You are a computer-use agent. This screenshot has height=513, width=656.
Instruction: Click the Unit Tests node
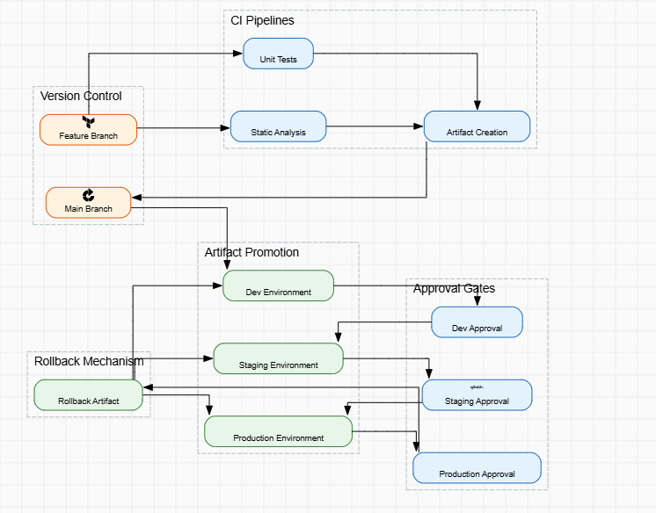pyautogui.click(x=278, y=54)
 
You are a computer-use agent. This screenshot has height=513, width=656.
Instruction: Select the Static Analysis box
pyautogui.click(x=278, y=126)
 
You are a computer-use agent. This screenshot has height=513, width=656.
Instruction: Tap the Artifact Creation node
pyautogui.click(x=477, y=126)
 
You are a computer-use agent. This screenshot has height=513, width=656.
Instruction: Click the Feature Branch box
pyautogui.click(x=88, y=130)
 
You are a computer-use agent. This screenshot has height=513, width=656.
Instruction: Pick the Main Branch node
pyautogui.click(x=88, y=203)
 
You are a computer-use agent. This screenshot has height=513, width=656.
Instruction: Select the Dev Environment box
pyautogui.click(x=278, y=285)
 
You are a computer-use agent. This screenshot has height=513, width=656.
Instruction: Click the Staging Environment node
pyautogui.click(x=278, y=358)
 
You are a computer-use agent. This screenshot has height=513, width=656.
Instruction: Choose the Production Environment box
pyautogui.click(x=278, y=431)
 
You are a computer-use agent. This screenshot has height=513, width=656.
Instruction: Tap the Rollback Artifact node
pyautogui.click(x=88, y=394)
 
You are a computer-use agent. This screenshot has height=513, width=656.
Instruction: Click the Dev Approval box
pyautogui.click(x=477, y=322)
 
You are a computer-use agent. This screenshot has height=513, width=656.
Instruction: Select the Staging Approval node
pyautogui.click(x=477, y=394)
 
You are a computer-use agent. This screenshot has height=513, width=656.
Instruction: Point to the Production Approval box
pyautogui.click(x=477, y=467)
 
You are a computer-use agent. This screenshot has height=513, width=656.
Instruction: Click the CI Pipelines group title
pyautogui.click(x=262, y=20)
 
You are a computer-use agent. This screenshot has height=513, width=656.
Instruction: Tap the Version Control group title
pyautogui.click(x=81, y=96)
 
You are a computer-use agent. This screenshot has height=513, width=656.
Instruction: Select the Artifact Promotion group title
pyautogui.click(x=251, y=252)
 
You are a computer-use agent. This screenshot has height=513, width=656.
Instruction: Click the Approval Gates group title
pyautogui.click(x=454, y=288)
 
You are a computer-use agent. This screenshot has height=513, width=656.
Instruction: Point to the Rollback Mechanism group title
pyautogui.click(x=89, y=361)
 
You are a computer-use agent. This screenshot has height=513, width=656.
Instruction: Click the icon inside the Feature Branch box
pyautogui.click(x=88, y=122)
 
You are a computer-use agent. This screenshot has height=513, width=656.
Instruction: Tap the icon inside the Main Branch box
pyautogui.click(x=88, y=195)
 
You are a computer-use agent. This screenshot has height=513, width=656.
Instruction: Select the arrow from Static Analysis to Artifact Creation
pyautogui.click(x=375, y=126)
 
